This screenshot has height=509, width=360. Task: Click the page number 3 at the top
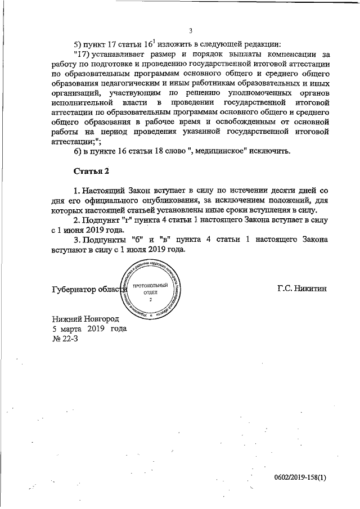tap(191, 30)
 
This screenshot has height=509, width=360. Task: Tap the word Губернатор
tap(73, 289)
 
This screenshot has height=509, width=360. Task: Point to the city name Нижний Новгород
tap(82, 319)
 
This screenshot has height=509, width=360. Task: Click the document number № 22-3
tap(65, 339)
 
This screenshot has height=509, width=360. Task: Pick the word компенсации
tap(288, 55)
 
